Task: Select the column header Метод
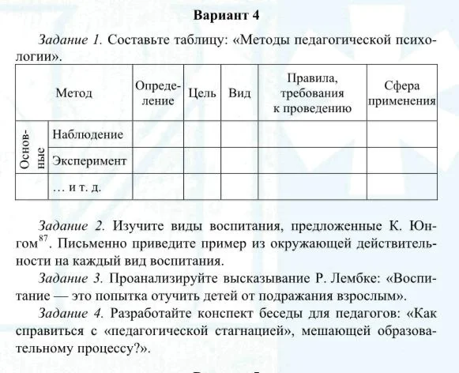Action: [74, 93]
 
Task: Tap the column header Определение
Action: [158, 93]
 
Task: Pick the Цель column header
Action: [203, 93]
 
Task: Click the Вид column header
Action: [239, 93]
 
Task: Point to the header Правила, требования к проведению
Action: [312, 93]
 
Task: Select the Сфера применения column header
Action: [402, 93]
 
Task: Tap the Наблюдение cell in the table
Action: [88, 134]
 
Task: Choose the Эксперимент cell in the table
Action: [89, 160]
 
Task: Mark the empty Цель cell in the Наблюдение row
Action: [203, 134]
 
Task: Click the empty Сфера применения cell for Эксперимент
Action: [402, 160]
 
